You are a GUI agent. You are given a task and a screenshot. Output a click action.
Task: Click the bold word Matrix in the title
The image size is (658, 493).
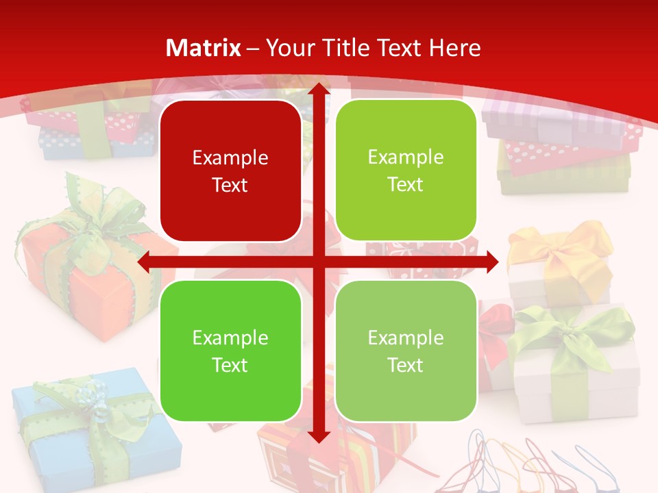tap(204, 48)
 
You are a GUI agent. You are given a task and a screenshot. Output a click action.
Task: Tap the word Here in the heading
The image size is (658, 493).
tap(454, 48)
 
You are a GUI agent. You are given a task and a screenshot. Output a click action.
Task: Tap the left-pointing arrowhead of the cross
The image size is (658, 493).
tap(144, 262)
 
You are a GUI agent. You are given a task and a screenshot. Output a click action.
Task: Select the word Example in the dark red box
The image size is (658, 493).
tap(230, 158)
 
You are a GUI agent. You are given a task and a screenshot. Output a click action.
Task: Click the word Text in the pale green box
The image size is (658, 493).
tap(406, 366)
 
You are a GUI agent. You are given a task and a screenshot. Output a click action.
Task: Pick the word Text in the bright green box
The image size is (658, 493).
tap(230, 366)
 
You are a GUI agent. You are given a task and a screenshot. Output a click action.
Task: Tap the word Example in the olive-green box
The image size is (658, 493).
tap(406, 157)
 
